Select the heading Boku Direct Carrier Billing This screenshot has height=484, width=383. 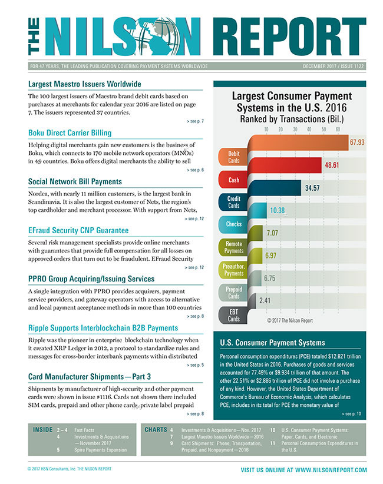coord(70,132)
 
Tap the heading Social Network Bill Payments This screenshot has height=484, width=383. coord(75,181)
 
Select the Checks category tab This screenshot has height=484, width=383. coord(233,224)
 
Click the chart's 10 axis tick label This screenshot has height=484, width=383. coord(266,129)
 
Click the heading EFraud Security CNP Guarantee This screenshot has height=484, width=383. coord(78,231)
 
